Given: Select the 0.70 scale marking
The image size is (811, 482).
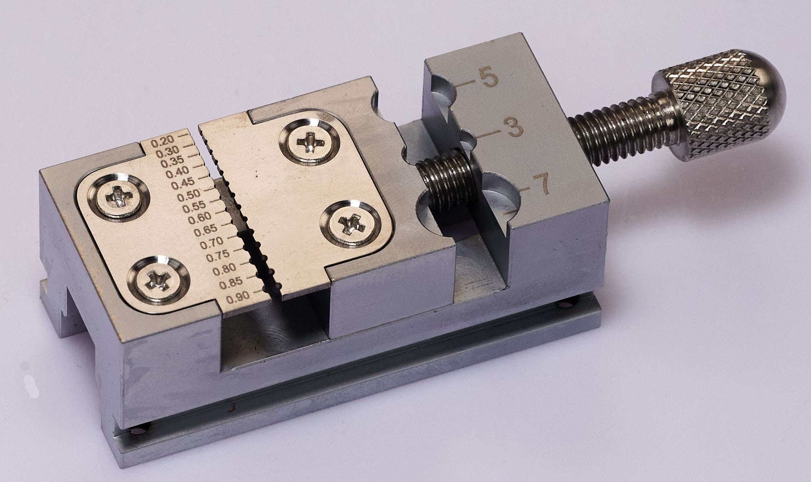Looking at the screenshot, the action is click(212, 243).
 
